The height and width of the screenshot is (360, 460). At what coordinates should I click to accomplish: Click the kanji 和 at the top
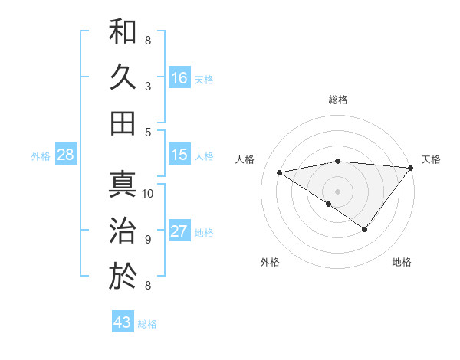[123, 31]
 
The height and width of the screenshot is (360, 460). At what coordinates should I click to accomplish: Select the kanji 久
[123, 77]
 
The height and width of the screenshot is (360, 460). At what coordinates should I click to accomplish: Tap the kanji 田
[123, 123]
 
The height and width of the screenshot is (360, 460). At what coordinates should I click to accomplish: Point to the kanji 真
[123, 184]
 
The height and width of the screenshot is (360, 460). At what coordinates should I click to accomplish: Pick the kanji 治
[123, 230]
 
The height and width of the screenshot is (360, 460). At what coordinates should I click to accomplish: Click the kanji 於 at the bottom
[123, 276]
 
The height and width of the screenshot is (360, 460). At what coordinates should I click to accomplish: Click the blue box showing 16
[179, 77]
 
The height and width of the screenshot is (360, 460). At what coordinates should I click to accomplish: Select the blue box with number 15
[179, 155]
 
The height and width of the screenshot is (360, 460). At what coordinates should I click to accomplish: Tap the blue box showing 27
[179, 232]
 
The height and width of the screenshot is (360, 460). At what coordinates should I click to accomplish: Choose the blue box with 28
[66, 155]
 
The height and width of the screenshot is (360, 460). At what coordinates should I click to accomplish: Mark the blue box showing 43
[123, 322]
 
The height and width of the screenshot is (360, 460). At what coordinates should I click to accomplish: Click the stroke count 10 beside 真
[148, 193]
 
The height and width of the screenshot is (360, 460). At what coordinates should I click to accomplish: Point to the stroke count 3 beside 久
[148, 86]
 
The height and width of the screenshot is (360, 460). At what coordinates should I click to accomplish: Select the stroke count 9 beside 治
[148, 239]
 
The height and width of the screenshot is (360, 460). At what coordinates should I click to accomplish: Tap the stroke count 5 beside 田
[148, 132]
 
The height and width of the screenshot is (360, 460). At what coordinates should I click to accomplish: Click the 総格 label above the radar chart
[337, 100]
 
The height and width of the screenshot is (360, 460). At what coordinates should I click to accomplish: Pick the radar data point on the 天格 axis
[410, 168]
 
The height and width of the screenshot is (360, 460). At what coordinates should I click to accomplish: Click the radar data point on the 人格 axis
[280, 172]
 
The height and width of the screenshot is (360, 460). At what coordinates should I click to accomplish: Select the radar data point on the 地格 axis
[365, 229]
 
